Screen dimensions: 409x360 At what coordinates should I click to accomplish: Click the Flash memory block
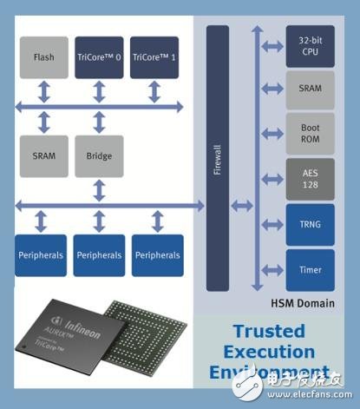point(43,58)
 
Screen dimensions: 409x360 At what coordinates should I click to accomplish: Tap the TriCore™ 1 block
point(154,58)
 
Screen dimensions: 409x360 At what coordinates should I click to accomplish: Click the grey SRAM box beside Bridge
point(43,156)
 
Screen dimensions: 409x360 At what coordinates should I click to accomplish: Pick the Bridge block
point(98,156)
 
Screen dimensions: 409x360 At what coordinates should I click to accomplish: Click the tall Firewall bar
point(217,158)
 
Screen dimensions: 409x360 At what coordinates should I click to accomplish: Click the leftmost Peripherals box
point(41,255)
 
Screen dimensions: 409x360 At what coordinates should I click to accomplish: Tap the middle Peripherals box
point(98,255)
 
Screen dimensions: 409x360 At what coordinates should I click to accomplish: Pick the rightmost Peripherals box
point(156,255)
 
